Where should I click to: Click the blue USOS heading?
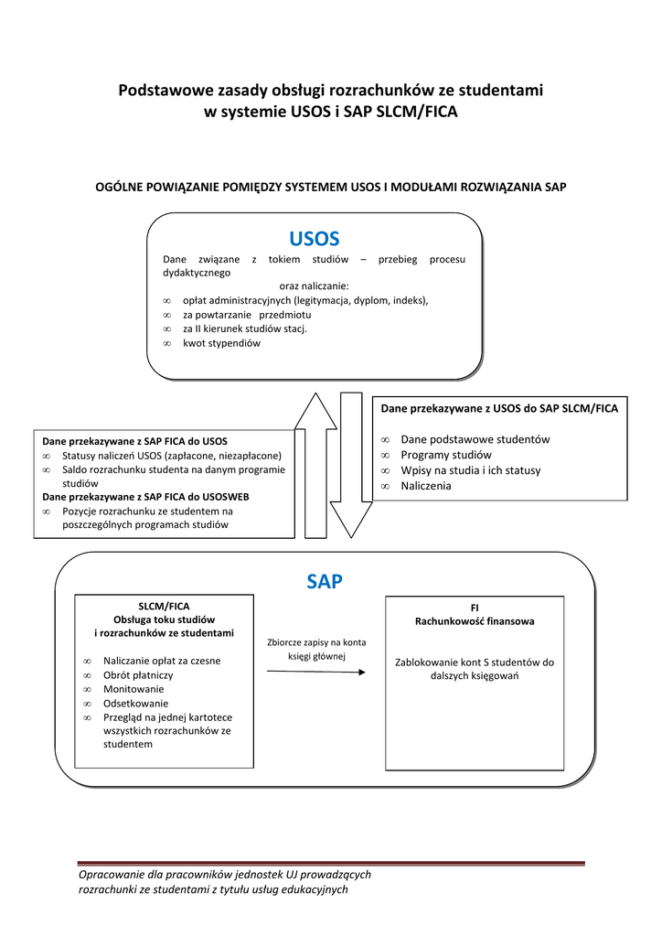click(314, 239)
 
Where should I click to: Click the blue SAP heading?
click(325, 581)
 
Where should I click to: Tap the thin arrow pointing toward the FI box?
click(315, 673)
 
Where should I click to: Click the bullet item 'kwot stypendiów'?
click(221, 343)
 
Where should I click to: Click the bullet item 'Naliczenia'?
click(425, 486)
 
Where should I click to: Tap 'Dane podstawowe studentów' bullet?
click(475, 439)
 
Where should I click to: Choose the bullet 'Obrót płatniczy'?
click(138, 675)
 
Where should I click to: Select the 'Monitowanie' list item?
click(133, 689)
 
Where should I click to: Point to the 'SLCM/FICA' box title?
click(164, 606)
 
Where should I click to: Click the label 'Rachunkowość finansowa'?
click(475, 620)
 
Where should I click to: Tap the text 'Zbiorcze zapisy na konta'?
click(315, 642)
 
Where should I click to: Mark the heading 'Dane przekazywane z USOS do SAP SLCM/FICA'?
click(498, 409)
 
